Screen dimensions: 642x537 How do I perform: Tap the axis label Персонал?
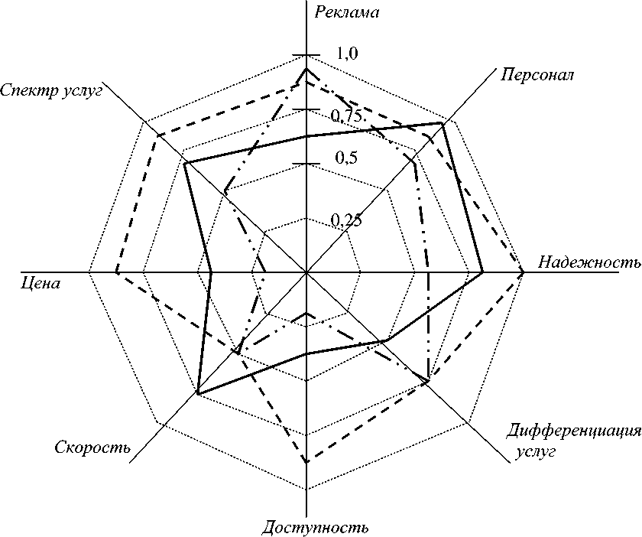(x=539, y=75)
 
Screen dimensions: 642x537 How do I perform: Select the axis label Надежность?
(x=588, y=262)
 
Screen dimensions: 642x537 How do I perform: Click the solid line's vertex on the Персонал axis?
(x=443, y=123)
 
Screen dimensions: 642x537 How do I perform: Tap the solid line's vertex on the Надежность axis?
(x=482, y=272)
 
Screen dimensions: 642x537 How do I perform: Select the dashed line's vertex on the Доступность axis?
(x=306, y=463)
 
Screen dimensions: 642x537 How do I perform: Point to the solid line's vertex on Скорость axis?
(x=198, y=393)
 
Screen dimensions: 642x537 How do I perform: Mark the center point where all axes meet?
(x=306, y=272)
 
